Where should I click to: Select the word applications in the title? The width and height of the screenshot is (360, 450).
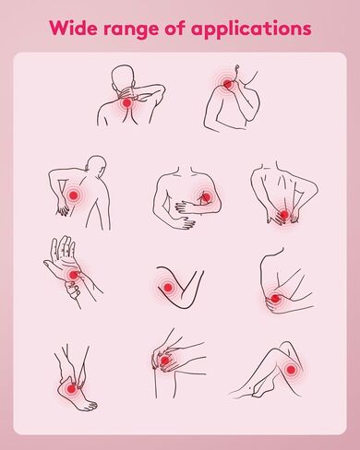coord(251,29)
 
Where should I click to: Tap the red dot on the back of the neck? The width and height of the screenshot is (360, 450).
coord(126,103)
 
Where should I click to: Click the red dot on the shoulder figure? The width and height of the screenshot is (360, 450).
coord(228,83)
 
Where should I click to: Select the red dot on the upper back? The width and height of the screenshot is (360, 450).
coord(74,195)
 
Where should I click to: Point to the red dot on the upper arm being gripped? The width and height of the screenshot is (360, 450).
coord(207,196)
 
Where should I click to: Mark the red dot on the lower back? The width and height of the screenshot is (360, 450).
coord(284,214)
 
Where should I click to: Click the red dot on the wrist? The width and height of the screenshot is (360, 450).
coord(74,275)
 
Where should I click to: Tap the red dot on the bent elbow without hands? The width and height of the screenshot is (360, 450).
coord(168,288)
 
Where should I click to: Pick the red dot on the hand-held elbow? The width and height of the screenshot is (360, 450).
coord(275,298)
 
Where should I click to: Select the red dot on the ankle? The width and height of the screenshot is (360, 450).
coord(71,389)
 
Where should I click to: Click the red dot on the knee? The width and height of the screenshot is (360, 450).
coord(165,361)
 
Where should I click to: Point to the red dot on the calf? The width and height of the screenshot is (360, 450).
coord(291,369)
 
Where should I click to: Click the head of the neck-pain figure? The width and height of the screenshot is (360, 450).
coord(123,77)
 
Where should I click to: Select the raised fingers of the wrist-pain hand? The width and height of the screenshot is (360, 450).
coord(63,247)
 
